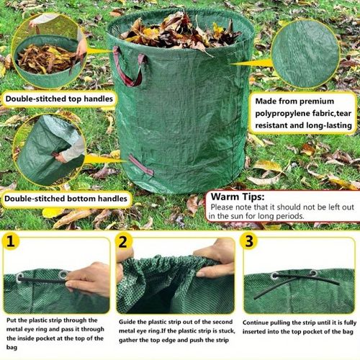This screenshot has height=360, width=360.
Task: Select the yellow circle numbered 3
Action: (x=248, y=242)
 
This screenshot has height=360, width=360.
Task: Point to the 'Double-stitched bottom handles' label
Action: (x=65, y=198)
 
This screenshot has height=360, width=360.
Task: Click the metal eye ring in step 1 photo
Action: (x=63, y=274)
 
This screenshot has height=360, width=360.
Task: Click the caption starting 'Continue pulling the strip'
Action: (x=298, y=328)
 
